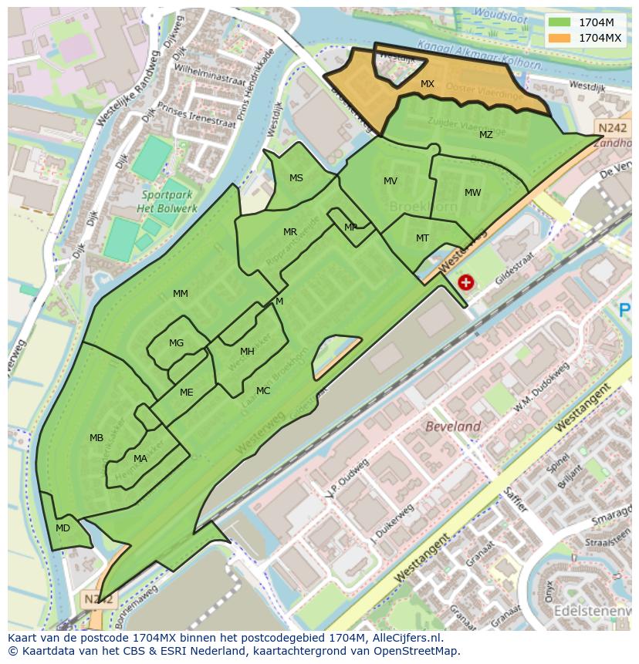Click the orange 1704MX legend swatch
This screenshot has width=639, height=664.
(x=560, y=37)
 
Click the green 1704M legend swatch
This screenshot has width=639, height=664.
(x=560, y=22)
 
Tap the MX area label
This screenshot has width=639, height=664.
(x=428, y=83)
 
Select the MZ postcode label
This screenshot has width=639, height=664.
(x=485, y=135)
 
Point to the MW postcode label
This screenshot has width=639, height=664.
(x=473, y=193)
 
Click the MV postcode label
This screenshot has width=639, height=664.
(x=390, y=181)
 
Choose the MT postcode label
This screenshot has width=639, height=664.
(x=422, y=238)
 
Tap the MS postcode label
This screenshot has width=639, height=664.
(x=296, y=178)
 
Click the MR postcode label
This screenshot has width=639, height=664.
(x=290, y=232)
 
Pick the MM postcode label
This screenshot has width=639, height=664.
(x=181, y=294)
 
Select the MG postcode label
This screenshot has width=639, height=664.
(x=177, y=343)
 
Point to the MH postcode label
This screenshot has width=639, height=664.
(x=247, y=352)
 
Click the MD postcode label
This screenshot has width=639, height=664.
(x=63, y=528)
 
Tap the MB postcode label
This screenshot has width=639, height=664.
(x=96, y=438)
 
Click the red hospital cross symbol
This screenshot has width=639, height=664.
(x=465, y=282)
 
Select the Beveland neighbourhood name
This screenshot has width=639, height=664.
(x=454, y=426)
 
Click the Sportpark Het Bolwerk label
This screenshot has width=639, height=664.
(x=167, y=202)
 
